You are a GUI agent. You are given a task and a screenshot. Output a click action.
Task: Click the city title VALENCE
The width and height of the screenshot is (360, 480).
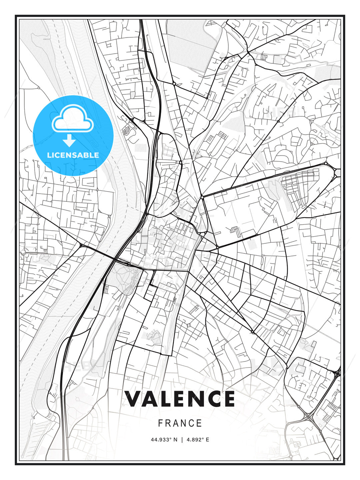coord(180,399)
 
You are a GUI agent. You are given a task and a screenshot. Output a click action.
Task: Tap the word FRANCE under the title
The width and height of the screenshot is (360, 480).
coord(180,423)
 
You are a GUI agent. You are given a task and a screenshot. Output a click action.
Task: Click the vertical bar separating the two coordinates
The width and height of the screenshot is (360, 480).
coord(182,440)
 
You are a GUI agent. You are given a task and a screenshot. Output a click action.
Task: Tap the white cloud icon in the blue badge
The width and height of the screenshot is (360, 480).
coord(73,119)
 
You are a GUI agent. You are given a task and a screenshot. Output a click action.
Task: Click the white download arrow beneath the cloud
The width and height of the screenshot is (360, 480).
coord(69,140)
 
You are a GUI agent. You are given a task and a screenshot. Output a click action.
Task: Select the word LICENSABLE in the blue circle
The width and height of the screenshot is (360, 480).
coord(73,155)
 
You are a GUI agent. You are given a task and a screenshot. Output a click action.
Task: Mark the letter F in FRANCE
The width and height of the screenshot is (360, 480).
coord(161,423)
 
